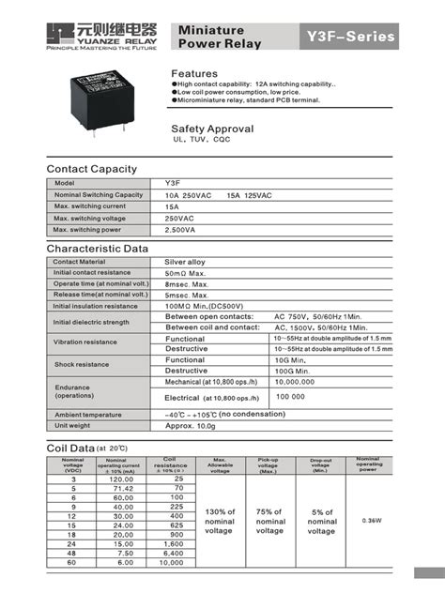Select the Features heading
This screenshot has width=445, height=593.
[194, 73]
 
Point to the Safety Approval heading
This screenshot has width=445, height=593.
[212, 128]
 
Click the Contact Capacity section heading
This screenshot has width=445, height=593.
[92, 169]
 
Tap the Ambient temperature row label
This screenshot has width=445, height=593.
[88, 414]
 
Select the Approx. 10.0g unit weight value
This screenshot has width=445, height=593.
[193, 425]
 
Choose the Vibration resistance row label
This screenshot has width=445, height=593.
[85, 342]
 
